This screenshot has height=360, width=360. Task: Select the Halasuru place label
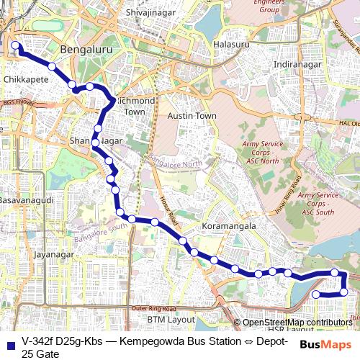(x=231, y=44)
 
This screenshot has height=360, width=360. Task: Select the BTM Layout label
(x=171, y=318)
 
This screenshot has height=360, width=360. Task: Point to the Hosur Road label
(x=171, y=204)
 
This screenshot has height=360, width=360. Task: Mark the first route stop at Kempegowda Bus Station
(x=14, y=46)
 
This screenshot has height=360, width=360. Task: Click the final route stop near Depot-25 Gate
(x=315, y=294)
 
